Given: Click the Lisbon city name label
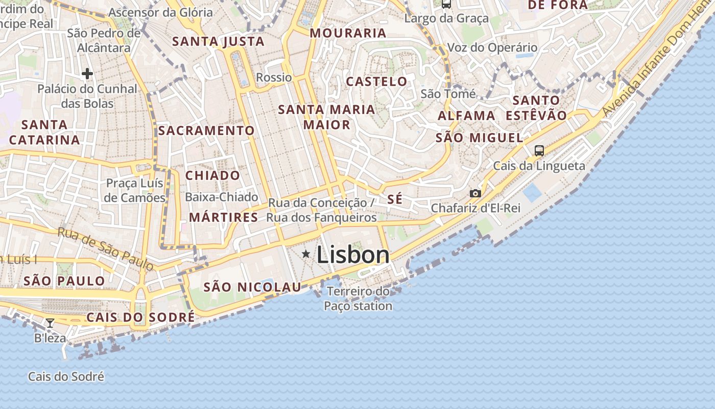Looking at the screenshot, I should [353, 255].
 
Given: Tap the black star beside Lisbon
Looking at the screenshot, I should [306, 254].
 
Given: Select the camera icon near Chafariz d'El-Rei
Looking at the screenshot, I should [475, 193].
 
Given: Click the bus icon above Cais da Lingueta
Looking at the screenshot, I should [539, 150].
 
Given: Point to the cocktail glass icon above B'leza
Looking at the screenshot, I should [50, 323].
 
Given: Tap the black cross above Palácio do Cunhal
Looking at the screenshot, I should [87, 74].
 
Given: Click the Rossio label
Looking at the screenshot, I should [274, 78].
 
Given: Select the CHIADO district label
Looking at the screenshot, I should [212, 175].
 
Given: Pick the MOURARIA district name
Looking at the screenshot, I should [348, 33].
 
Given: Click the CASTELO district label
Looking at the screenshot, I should [377, 82].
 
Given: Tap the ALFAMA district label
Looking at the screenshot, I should [466, 116].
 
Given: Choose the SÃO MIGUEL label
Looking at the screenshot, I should [480, 138].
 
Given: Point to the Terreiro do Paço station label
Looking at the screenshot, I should [358, 299].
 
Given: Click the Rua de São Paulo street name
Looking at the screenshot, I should [105, 248].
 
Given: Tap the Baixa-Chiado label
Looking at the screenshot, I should [222, 197].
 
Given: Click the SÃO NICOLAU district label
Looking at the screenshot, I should [252, 287].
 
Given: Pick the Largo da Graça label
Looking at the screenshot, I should [446, 19].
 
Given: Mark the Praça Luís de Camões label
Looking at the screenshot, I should [135, 190].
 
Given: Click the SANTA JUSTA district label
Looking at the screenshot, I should [219, 41].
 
